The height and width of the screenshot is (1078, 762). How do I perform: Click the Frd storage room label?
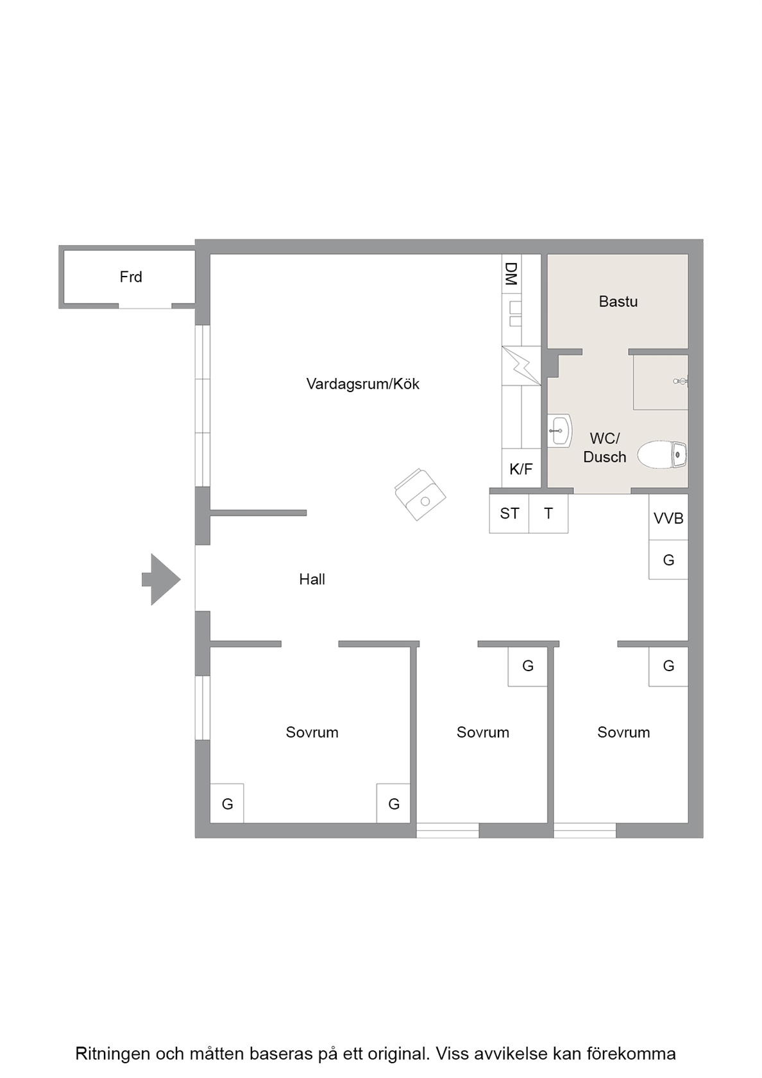click(131, 277)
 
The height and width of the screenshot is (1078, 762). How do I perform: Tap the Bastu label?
click(618, 302)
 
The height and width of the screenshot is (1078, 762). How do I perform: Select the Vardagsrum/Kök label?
click(363, 384)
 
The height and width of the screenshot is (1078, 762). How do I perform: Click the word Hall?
click(312, 579)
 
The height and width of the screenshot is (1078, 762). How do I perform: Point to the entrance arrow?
click(161, 579)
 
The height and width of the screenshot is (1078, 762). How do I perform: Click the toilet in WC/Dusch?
click(662, 454)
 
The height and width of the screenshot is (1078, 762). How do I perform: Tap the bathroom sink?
click(560, 430)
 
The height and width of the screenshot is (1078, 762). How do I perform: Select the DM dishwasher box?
click(512, 274)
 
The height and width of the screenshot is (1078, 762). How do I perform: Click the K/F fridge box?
click(521, 468)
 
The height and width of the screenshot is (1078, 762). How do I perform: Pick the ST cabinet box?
click(509, 513)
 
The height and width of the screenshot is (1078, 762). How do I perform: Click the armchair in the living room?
click(420, 494)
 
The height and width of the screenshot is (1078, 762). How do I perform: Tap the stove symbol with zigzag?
click(521, 366)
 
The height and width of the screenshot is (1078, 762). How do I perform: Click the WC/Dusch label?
click(605, 448)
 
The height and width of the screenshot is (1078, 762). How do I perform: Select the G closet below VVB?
click(668, 560)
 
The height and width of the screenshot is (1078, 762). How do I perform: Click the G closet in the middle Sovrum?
click(528, 666)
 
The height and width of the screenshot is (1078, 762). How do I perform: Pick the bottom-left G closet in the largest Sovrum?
click(227, 803)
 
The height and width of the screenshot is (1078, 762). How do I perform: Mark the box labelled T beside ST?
click(548, 513)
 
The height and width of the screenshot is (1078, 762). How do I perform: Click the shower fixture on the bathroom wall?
click(681, 381)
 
